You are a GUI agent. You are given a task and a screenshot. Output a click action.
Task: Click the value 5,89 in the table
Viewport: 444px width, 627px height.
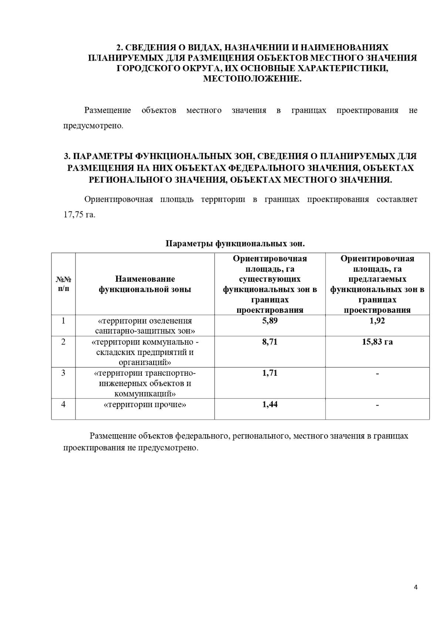[270, 321]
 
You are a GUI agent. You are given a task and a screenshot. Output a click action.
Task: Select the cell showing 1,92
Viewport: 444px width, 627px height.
[377, 321]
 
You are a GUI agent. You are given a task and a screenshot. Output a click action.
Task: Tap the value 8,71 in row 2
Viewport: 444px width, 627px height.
[270, 342]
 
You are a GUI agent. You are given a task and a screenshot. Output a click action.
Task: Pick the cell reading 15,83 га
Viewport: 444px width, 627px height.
[377, 342]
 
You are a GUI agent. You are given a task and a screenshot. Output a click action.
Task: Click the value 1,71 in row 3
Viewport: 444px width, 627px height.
[270, 373]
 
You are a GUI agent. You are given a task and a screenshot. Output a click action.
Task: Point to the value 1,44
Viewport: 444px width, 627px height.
[270, 404]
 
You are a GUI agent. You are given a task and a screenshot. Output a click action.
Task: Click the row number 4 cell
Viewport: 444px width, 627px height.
[63, 404]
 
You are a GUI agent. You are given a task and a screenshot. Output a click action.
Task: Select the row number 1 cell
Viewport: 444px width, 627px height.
[63, 321]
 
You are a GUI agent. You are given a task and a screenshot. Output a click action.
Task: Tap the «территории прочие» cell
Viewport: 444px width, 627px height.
[145, 404]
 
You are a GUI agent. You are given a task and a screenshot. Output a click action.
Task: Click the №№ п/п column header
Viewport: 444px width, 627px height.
[63, 284]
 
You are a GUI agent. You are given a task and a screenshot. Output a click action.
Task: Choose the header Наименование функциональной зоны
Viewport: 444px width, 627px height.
[145, 284]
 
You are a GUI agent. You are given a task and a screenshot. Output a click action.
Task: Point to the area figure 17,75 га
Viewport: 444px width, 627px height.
[79, 215]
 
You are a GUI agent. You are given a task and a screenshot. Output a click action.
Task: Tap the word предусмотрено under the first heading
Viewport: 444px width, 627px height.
[92, 126]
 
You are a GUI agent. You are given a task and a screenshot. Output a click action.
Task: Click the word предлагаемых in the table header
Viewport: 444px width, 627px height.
[377, 279]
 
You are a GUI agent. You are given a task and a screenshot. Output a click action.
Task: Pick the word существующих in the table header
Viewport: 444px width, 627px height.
[270, 279]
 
